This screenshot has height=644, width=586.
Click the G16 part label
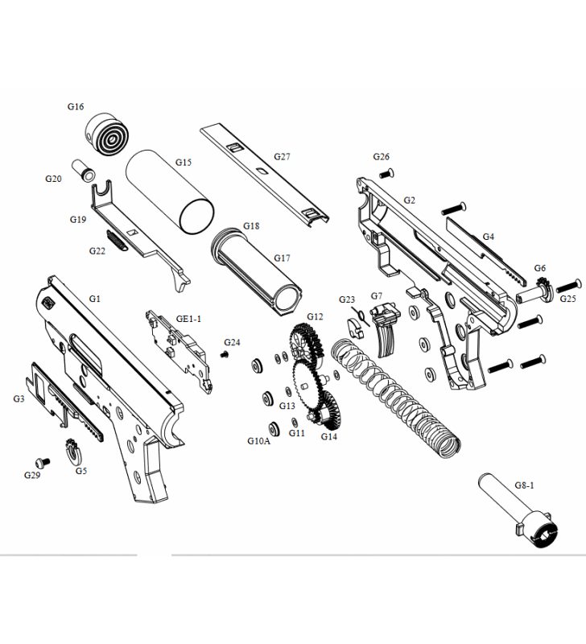click(x=76, y=106)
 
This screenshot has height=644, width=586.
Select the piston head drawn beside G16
click(x=109, y=134)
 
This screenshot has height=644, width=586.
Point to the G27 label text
click(x=282, y=157)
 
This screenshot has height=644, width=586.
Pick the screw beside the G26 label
click(x=386, y=171)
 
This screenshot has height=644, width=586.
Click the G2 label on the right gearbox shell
click(x=409, y=200)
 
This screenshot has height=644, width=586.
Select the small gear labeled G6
click(x=541, y=286)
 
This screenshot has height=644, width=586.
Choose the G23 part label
click(x=347, y=299)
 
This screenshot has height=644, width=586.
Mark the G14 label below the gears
click(x=328, y=436)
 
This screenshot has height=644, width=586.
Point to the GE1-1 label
click(x=189, y=319)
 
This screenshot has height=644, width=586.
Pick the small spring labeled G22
click(x=118, y=239)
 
